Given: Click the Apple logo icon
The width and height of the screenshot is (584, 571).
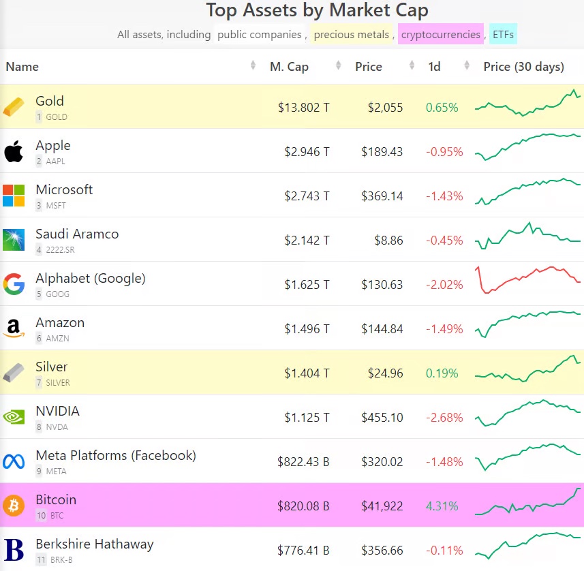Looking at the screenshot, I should point(14,151).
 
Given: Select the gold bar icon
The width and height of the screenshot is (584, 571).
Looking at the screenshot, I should point(14,107).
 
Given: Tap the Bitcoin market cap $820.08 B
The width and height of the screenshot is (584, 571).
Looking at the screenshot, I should point(303,506).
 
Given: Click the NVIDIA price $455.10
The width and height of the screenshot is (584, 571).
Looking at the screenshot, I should point(382,418).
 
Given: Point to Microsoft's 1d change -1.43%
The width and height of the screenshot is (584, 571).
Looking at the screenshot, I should point(444,196).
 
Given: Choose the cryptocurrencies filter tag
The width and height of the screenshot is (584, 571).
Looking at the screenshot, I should point(440,34).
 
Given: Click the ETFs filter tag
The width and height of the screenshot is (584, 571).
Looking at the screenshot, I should point(503,34).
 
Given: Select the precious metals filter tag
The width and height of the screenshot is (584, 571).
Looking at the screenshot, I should point(352,34).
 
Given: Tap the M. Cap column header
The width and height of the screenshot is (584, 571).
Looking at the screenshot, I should point(289,67).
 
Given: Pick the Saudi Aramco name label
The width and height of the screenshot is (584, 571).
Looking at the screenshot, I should point(77,234).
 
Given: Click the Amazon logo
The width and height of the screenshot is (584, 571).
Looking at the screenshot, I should point(14,328).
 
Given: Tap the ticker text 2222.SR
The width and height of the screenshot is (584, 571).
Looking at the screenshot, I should point(60,250).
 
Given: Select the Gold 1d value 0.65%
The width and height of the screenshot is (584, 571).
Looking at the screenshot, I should point(442,108).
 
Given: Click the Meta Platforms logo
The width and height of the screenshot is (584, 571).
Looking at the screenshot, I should point(14,461).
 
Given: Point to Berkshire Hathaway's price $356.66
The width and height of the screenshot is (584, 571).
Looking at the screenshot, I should point(382,551).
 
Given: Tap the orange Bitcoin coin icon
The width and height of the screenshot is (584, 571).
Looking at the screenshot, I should point(14,506).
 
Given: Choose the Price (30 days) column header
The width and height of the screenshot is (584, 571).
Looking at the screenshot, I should point(523,67).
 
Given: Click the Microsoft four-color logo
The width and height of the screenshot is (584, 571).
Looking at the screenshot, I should point(14,196).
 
